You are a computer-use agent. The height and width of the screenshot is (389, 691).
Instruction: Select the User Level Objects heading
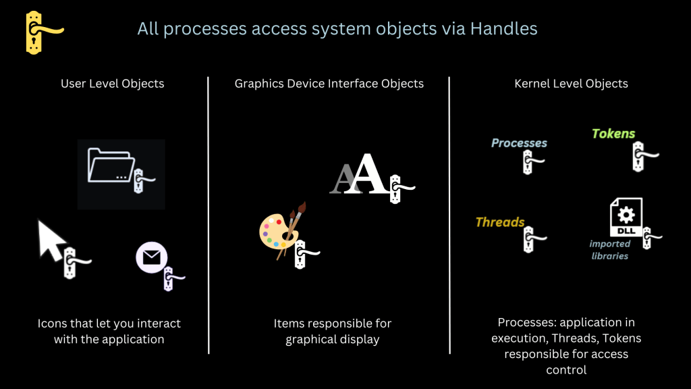[113, 84]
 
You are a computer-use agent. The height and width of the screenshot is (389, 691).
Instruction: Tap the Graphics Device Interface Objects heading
[329, 84]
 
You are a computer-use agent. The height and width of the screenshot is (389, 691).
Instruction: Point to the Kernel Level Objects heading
[571, 84]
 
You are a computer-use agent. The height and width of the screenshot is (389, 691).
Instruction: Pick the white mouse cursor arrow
[51, 240]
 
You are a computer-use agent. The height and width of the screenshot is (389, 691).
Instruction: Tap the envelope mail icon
[152, 257]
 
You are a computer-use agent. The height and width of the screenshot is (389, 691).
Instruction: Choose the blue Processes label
[519, 143]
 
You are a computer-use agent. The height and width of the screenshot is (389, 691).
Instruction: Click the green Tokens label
[613, 134]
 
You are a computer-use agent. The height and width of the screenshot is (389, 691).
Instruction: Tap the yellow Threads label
[500, 222]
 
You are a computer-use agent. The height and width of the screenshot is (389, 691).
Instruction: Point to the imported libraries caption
[609, 250]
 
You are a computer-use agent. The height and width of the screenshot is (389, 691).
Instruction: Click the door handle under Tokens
[640, 157]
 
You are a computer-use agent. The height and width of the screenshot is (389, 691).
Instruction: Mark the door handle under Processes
[530, 162]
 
